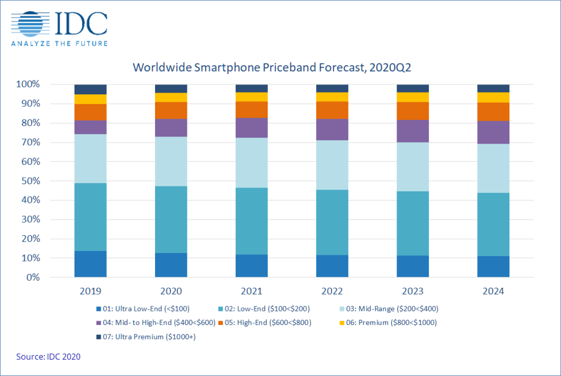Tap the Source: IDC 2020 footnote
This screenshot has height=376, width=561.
tap(49, 357)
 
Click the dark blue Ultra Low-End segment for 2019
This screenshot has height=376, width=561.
tap(90, 264)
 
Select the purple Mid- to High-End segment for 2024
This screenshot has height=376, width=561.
tap(493, 132)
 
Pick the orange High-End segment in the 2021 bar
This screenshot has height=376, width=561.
tap(251, 110)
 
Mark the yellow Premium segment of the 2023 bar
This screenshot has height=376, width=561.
tap(413, 97)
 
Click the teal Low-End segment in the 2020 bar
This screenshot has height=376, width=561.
tap(171, 219)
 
